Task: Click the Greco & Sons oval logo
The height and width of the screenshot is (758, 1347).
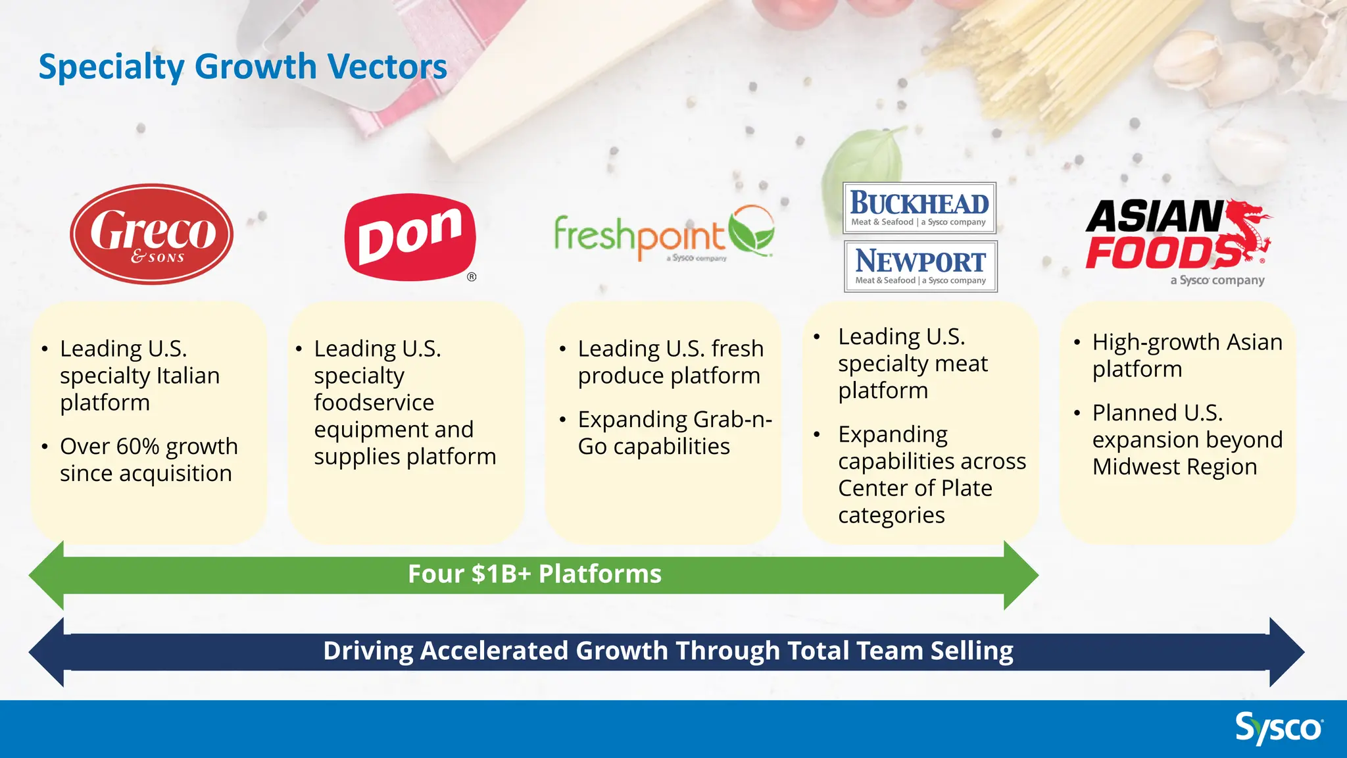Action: pos(152,234)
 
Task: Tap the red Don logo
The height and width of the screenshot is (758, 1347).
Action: pos(410,237)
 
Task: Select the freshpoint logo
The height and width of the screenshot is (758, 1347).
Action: pos(664,234)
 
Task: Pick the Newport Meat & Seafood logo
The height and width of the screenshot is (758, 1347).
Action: pos(921,266)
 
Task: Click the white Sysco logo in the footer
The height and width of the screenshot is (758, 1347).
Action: pos(1279,728)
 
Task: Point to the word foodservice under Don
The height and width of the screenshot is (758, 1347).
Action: pos(374,403)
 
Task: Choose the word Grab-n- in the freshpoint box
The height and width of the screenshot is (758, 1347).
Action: pos(732,420)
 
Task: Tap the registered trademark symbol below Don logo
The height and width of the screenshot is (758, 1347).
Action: pos(472,277)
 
